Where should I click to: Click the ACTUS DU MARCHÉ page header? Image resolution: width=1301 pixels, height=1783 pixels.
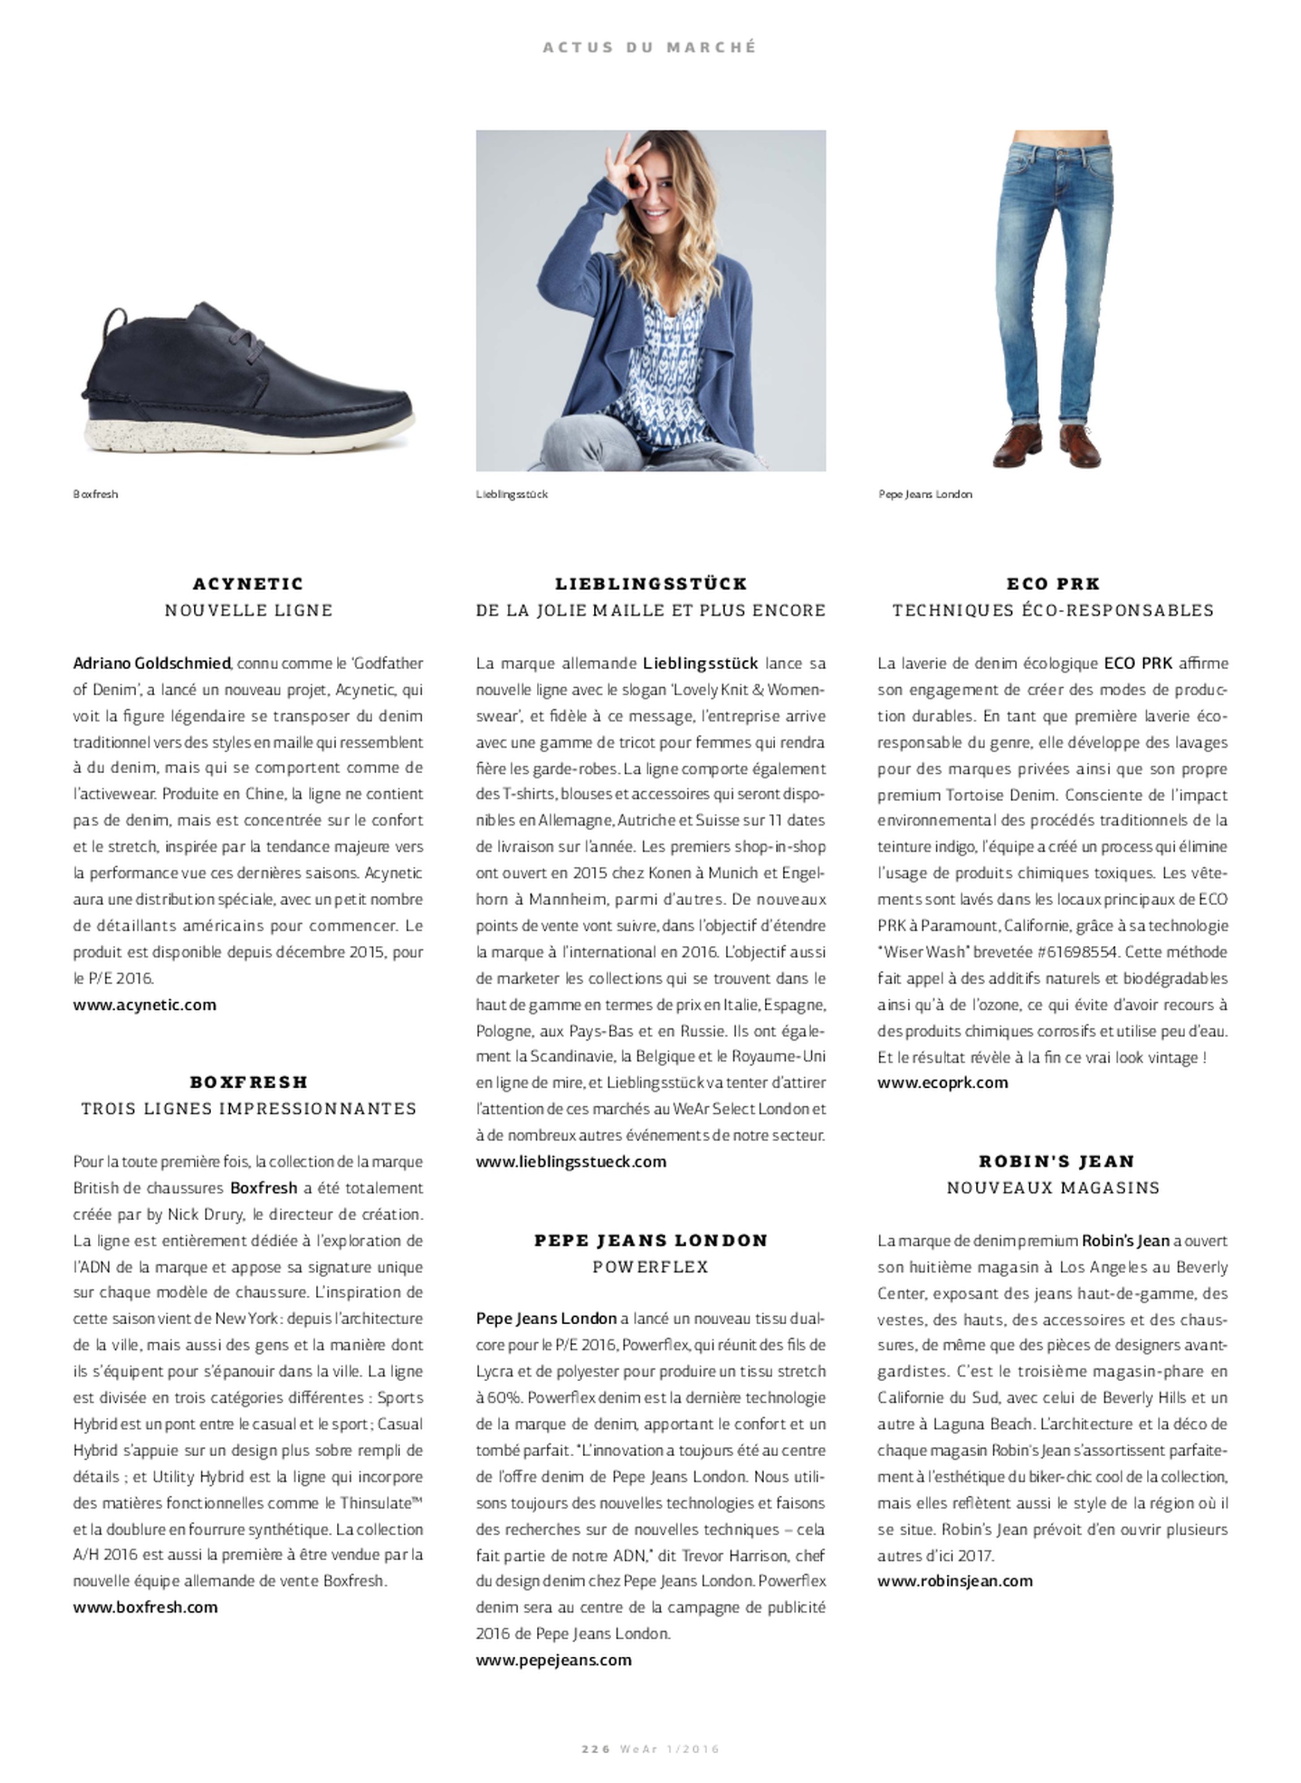click(x=649, y=47)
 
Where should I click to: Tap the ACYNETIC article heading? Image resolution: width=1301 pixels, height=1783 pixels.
click(x=248, y=583)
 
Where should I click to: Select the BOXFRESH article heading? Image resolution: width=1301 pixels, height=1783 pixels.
click(x=248, y=1082)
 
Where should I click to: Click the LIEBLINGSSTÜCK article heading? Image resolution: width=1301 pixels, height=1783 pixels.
click(x=650, y=583)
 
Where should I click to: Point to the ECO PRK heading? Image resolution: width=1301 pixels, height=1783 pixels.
click(x=1053, y=583)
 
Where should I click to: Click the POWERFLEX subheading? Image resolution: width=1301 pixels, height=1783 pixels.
click(x=650, y=1267)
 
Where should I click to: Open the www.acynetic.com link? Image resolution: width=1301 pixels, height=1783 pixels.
click(x=145, y=1004)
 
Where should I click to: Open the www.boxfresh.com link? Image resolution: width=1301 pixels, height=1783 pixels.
click(x=146, y=1607)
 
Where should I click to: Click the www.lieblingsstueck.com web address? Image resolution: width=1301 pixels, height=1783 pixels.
click(x=571, y=1161)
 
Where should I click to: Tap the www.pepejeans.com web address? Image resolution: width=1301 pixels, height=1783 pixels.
click(x=554, y=1659)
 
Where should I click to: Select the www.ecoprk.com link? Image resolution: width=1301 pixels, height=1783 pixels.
click(x=942, y=1082)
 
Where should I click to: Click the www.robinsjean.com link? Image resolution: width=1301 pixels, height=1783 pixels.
click(x=954, y=1581)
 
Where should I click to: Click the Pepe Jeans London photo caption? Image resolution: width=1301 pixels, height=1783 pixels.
click(x=925, y=495)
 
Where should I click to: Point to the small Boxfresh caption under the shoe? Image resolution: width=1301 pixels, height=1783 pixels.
click(x=95, y=495)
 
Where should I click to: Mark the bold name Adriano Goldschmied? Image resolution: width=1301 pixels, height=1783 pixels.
click(x=152, y=663)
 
